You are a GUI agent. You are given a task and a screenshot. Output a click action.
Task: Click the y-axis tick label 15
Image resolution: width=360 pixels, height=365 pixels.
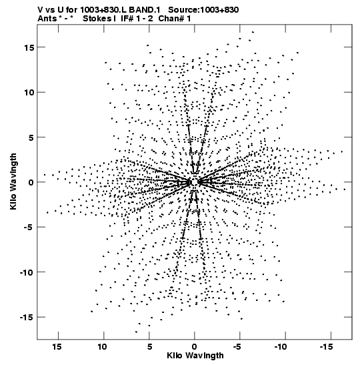coord(29,47)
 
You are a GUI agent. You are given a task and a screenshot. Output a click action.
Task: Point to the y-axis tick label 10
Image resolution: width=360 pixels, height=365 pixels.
coord(29,92)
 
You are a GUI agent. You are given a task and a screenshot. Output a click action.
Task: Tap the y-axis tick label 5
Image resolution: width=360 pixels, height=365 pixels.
coord(31,137)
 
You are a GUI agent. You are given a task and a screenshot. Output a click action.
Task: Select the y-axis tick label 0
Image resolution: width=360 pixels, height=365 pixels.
coord(31,182)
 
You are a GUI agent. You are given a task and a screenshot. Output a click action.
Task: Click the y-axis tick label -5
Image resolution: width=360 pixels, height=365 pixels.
coord(29,227)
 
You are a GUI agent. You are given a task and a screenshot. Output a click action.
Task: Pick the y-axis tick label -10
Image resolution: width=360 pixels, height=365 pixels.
coord(27,272)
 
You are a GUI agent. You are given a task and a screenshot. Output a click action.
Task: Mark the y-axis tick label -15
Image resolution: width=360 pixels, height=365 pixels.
coord(27,317)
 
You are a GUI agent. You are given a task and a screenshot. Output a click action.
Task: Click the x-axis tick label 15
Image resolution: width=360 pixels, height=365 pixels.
coord(57,347)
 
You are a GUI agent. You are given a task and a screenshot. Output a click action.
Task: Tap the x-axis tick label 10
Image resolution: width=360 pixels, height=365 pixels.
coord(102,347)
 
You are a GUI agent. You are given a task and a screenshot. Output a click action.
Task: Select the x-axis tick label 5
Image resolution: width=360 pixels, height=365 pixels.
coord(150,347)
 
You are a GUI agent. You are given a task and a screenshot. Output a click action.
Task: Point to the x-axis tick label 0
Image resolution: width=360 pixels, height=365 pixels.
coord(195,347)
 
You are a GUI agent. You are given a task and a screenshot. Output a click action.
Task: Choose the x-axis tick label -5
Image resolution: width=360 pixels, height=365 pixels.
coord(237,347)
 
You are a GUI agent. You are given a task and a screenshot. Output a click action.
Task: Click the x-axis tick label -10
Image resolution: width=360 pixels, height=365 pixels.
coord(281,347)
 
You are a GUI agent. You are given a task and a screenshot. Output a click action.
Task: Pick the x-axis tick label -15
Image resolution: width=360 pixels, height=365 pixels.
coord(326,347)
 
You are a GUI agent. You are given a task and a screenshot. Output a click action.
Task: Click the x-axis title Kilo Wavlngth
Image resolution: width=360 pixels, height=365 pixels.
coord(195,356)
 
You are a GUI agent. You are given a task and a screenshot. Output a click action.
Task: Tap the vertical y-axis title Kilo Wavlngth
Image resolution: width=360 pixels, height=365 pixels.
coord(13,181)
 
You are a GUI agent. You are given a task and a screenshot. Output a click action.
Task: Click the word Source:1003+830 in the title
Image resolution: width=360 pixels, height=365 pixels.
coord(203,10)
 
